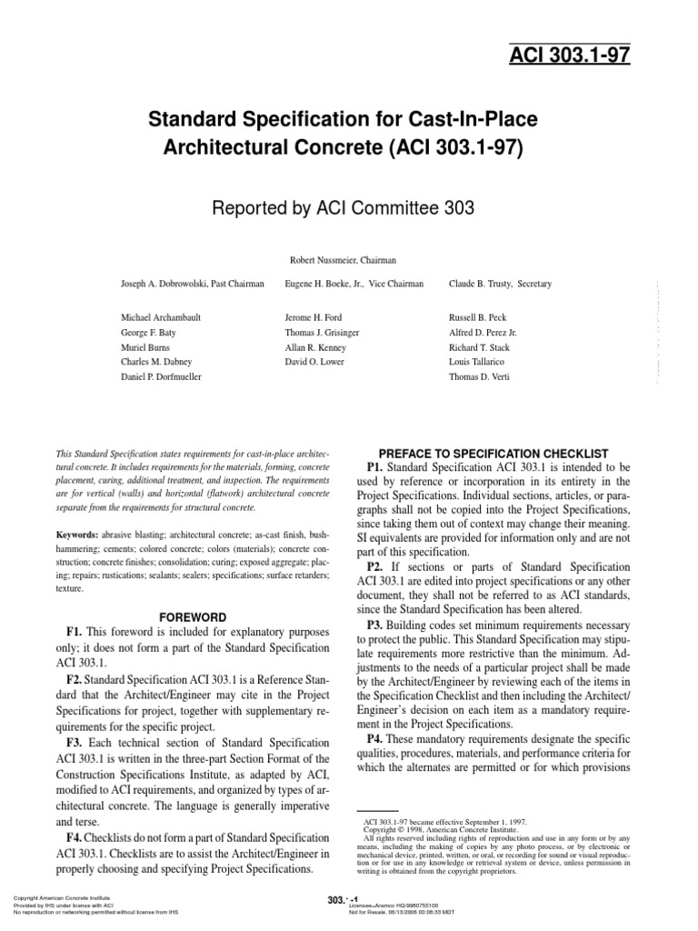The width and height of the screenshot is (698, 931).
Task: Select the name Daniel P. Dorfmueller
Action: (x=162, y=375)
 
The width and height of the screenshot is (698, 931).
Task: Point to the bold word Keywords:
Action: (x=77, y=535)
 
